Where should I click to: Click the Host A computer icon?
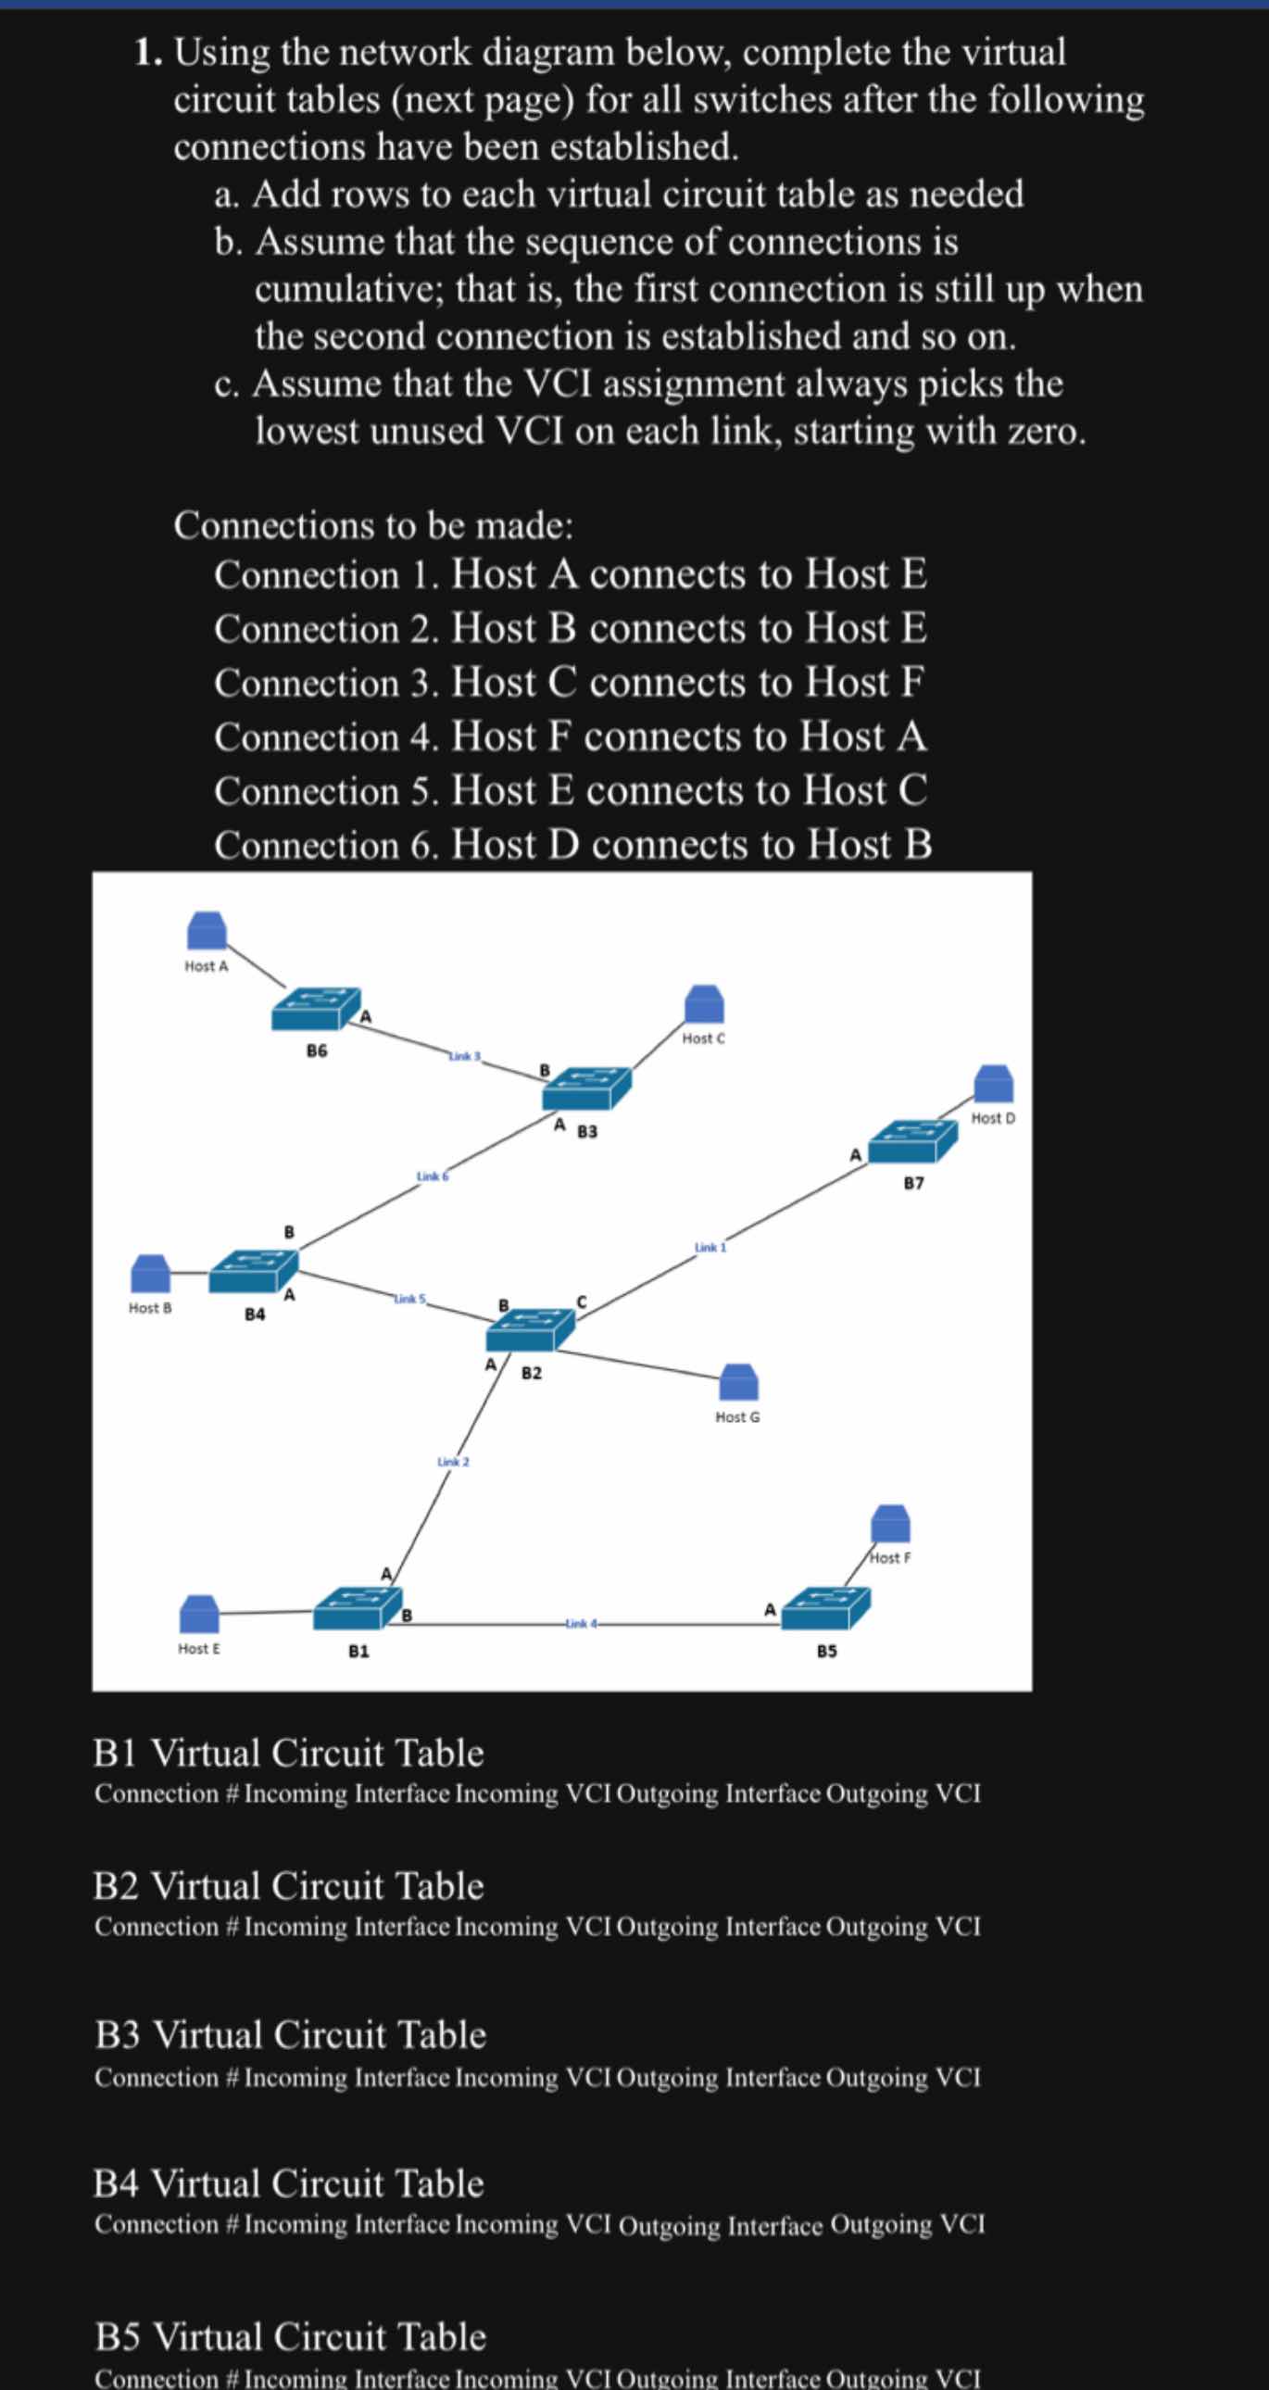[x=207, y=929]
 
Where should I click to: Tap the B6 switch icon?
[x=315, y=1010]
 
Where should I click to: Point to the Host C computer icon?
[x=704, y=1005]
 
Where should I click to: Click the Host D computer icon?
[x=993, y=1084]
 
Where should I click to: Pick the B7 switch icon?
[x=912, y=1142]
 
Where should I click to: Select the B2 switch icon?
[x=530, y=1329]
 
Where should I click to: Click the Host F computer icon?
[x=889, y=1523]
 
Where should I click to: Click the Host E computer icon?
[x=198, y=1614]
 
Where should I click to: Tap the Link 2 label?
[x=453, y=1461]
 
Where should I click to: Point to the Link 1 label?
[x=710, y=1247]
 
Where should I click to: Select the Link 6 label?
[x=433, y=1176]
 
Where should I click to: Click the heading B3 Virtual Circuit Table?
[x=290, y=2034]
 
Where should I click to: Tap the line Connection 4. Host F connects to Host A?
[x=570, y=736]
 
